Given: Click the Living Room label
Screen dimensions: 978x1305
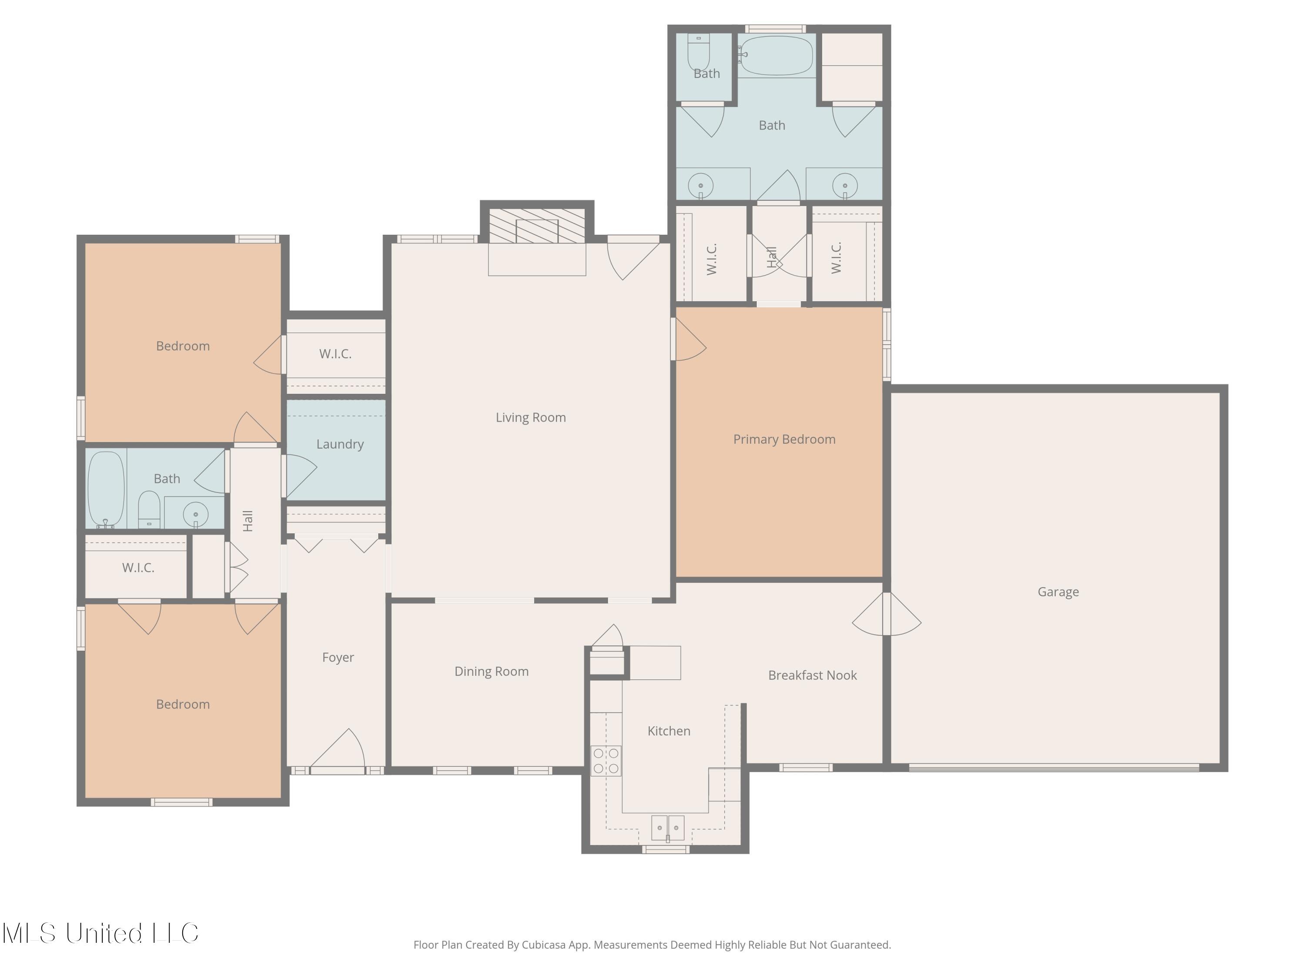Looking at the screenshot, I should click(530, 417).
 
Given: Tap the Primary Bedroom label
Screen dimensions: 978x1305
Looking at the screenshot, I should click(783, 439).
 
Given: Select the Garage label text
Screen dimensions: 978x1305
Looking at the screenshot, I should click(1058, 592).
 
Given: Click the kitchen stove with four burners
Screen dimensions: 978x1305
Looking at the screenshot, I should click(606, 761).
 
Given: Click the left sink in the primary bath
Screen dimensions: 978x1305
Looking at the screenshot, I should click(700, 186).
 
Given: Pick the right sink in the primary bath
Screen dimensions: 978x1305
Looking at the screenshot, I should click(845, 185).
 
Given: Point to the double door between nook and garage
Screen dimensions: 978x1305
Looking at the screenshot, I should click(887, 614).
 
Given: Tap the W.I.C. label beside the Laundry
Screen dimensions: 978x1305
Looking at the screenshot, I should click(335, 354).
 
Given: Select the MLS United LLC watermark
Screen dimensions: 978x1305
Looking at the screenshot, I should click(100, 933).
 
